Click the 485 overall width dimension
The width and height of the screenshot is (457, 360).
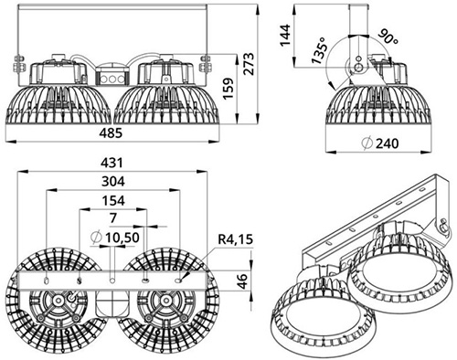[x=111, y=133]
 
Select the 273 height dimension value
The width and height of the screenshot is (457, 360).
[x=249, y=64]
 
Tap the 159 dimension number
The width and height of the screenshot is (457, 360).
[x=228, y=89]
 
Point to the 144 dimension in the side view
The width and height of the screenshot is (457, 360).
[x=286, y=35]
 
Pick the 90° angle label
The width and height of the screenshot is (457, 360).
[x=388, y=37]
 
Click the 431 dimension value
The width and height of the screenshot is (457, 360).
[x=112, y=163]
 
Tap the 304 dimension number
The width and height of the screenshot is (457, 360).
[x=113, y=182]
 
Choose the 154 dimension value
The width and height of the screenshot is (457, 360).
[x=113, y=200]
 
